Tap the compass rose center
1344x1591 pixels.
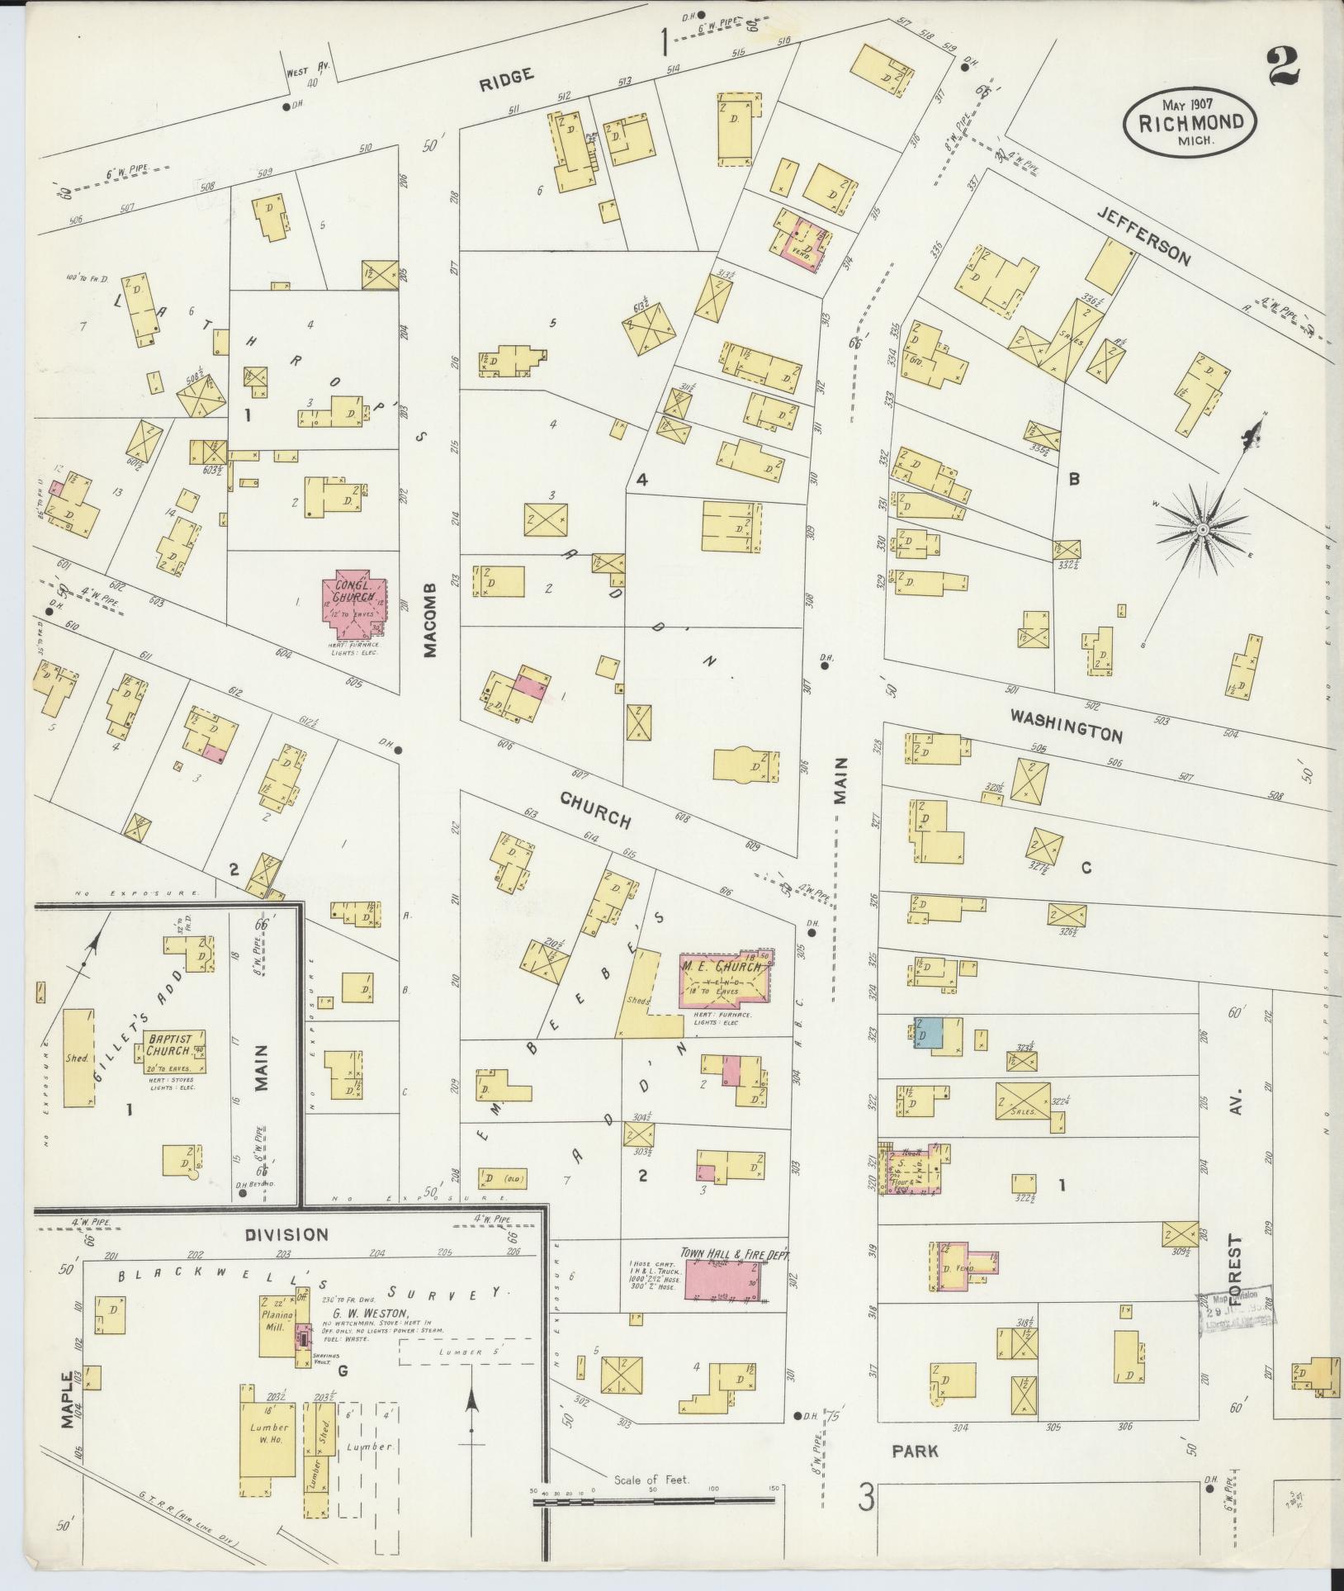tap(1202, 528)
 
